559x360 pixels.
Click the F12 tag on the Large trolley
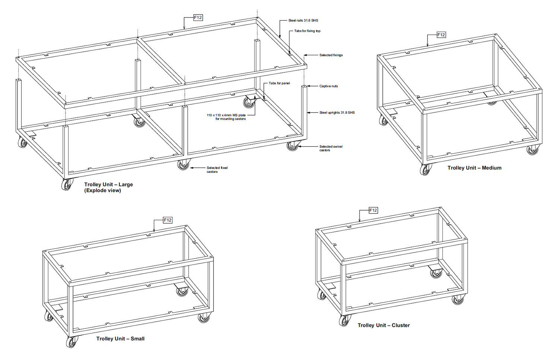tap(198, 18)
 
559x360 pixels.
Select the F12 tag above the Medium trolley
tap(441, 35)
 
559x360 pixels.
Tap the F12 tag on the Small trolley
tap(168, 220)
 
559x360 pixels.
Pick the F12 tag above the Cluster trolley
tap(373, 211)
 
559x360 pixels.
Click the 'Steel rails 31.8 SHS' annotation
tap(303, 20)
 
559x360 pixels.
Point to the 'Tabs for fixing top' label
tap(307, 31)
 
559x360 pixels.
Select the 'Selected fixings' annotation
tap(331, 55)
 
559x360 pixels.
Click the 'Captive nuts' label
tap(328, 86)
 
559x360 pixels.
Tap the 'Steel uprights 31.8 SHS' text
tap(337, 113)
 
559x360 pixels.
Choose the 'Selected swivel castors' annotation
tap(331, 148)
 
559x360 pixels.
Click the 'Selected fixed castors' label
tap(217, 170)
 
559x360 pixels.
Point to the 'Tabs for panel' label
tap(279, 83)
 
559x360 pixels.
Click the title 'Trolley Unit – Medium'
tap(474, 168)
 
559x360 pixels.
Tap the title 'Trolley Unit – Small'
tap(120, 339)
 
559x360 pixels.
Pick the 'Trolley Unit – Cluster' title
tap(383, 325)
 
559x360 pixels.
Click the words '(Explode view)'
tap(102, 190)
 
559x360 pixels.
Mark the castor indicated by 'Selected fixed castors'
tap(183, 165)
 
